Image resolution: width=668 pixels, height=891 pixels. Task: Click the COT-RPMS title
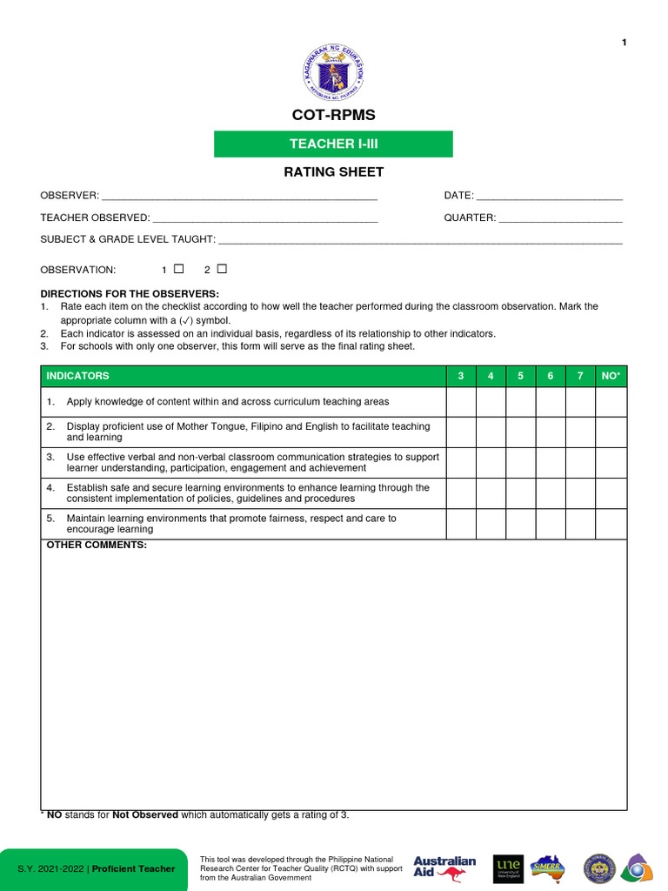click(x=333, y=115)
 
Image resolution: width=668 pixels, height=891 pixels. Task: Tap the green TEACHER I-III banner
click(x=333, y=144)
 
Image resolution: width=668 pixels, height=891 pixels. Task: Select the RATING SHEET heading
click(x=333, y=171)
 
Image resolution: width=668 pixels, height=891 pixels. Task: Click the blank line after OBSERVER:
click(x=239, y=196)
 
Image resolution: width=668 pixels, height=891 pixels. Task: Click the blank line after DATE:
click(x=549, y=196)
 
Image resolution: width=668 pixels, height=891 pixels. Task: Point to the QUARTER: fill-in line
click(x=560, y=218)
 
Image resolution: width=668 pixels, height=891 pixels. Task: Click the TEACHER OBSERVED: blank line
click(x=264, y=218)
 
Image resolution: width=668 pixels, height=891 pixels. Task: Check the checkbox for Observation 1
click(x=179, y=269)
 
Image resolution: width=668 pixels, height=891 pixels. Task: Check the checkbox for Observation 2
click(x=222, y=269)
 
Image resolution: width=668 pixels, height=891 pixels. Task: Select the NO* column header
click(x=611, y=376)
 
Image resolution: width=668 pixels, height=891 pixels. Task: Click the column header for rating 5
click(x=520, y=376)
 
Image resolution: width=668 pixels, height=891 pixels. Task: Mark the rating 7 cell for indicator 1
click(x=580, y=402)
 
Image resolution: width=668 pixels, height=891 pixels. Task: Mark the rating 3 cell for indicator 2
click(x=461, y=432)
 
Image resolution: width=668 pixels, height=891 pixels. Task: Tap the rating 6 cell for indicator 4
click(x=551, y=493)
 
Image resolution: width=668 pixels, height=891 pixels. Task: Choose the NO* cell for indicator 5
click(x=611, y=524)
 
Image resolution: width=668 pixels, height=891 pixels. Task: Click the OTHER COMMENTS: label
click(x=97, y=546)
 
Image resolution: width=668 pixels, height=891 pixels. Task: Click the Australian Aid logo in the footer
click(x=444, y=868)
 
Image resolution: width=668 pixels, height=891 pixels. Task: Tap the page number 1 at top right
click(x=624, y=44)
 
